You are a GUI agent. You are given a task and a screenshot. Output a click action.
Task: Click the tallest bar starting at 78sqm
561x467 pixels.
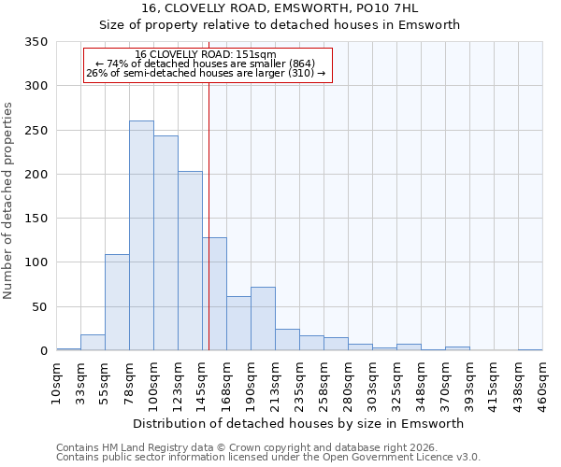[141, 235]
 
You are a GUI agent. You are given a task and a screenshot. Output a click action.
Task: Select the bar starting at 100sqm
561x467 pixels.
[165, 243]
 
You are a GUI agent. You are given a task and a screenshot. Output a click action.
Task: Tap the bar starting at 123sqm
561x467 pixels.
[190, 261]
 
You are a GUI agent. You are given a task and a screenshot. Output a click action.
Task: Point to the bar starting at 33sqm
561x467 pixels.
[93, 342]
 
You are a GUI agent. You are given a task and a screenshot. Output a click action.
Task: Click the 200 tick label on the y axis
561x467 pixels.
[36, 175]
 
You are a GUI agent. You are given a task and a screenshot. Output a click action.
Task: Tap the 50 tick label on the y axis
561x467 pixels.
[40, 307]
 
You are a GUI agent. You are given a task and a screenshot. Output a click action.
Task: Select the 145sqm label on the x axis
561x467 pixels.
[202, 384]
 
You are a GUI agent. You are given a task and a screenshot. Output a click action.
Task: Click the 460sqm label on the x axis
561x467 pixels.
[542, 384]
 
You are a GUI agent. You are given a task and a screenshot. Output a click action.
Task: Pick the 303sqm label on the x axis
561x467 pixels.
[372, 384]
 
